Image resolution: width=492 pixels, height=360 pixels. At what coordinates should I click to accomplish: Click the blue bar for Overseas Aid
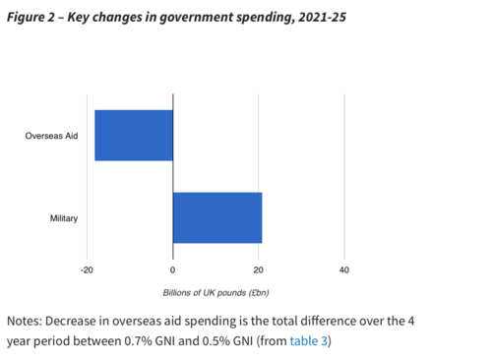134,135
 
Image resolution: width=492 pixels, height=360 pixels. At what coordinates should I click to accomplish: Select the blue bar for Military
217,217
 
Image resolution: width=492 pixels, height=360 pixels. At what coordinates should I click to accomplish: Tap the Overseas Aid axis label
51,135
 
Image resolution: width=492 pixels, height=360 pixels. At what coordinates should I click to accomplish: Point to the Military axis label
64,217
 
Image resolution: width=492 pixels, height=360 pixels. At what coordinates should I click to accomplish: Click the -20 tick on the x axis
87,270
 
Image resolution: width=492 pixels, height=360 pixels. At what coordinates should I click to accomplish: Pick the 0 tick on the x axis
173,270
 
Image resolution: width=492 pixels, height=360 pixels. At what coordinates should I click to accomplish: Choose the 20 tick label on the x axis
258,270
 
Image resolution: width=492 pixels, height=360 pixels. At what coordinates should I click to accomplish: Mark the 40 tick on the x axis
343,270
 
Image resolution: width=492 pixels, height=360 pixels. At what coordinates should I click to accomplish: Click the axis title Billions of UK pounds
223,293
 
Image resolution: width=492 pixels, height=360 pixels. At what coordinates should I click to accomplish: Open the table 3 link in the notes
309,341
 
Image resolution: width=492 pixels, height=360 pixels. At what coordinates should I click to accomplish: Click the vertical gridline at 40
343,177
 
